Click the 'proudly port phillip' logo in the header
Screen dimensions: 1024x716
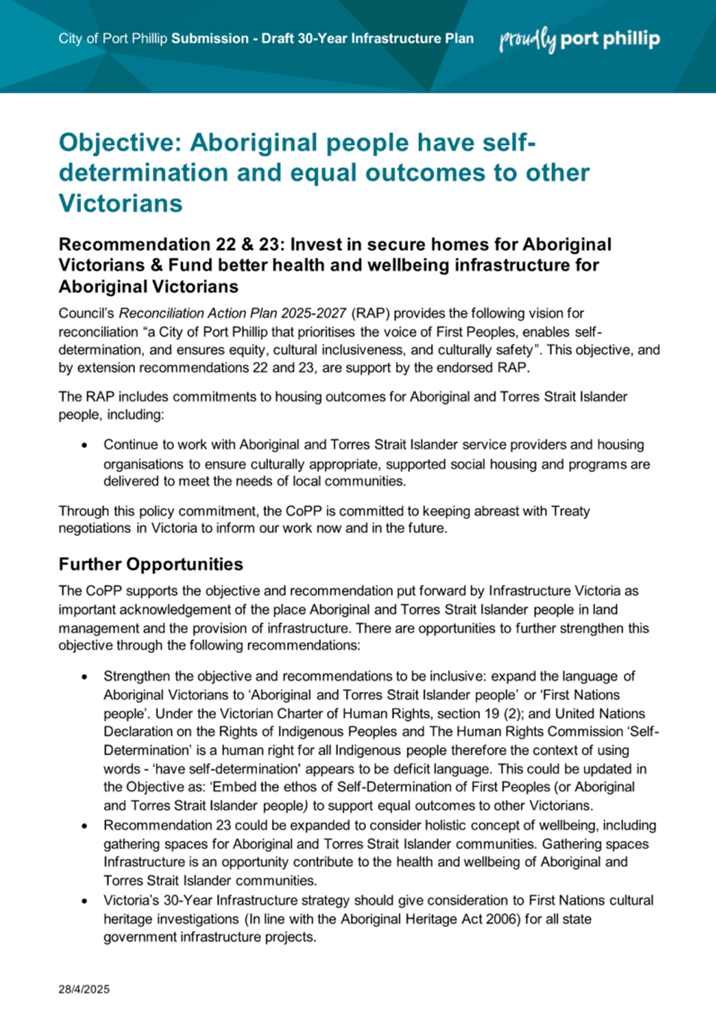click(580, 39)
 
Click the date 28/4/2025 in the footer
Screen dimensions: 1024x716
click(84, 989)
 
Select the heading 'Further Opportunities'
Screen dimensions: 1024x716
click(151, 564)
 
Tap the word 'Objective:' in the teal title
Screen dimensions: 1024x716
click(121, 142)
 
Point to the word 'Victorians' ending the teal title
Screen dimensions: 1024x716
click(121, 203)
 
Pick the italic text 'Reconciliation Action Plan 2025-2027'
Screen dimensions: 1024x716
click(232, 313)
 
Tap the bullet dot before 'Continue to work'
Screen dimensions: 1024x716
click(85, 445)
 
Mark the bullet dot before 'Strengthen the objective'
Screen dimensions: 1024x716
click(85, 677)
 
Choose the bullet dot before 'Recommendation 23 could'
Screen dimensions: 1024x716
click(85, 826)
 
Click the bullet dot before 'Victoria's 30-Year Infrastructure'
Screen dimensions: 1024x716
click(85, 901)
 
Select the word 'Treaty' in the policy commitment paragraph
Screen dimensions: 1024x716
click(571, 511)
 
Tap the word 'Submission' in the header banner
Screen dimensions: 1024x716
click(210, 39)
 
